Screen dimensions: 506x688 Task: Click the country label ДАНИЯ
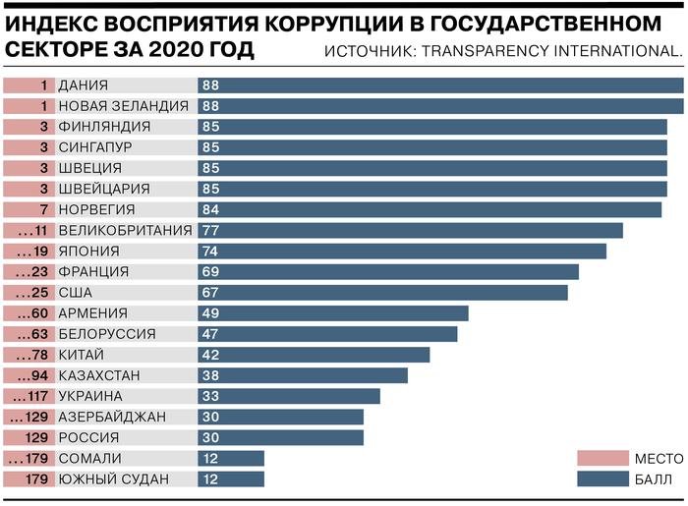[x=83, y=85]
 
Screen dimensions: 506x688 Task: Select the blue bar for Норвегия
[x=432, y=209]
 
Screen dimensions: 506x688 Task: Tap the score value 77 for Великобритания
[x=210, y=230]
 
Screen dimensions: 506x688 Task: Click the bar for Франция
[x=393, y=271]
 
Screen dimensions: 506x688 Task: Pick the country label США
[x=76, y=292]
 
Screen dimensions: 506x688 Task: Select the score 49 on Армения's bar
[x=210, y=313]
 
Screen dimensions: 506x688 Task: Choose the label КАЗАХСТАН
[x=99, y=375]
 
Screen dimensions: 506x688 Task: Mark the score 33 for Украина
[x=210, y=396]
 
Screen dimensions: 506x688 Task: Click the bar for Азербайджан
[x=285, y=417]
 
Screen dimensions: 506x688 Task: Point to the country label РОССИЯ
[x=89, y=437]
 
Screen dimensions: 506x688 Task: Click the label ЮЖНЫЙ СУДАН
[x=113, y=479]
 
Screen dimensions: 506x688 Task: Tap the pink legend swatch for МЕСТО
[x=602, y=458]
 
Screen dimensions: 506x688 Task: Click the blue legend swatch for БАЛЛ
[x=602, y=479]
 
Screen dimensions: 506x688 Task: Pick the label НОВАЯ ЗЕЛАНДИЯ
[x=123, y=106]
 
